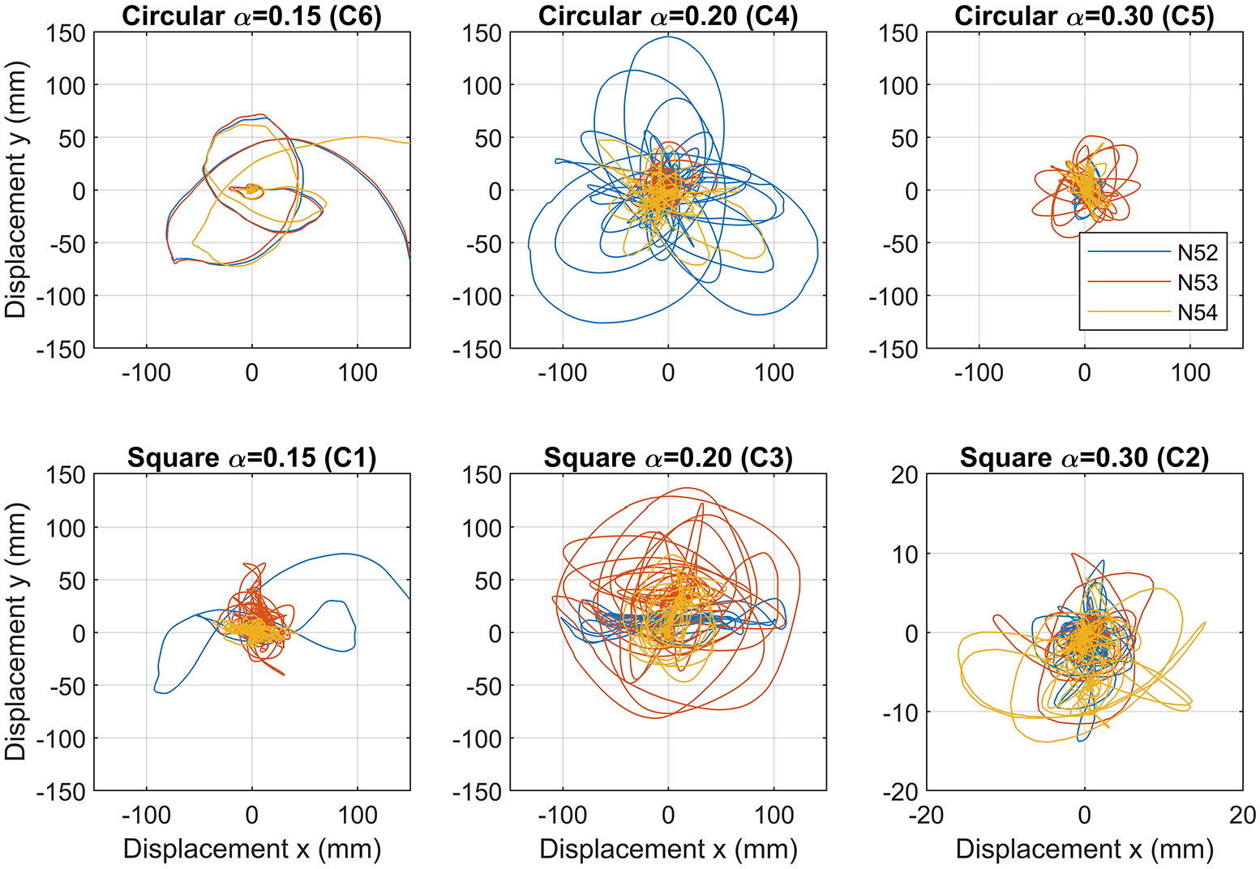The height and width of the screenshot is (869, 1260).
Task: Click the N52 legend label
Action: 1198,253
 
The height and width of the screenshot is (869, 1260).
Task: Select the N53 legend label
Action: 1198,282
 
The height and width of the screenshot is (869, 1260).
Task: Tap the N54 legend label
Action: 1198,312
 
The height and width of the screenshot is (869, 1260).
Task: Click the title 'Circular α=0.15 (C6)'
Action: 252,15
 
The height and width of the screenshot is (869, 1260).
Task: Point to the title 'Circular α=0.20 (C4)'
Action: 668,15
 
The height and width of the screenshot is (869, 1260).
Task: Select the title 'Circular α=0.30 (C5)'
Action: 1085,15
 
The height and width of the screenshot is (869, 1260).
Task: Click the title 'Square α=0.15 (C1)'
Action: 252,458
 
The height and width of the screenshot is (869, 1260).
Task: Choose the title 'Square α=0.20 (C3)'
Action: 668,458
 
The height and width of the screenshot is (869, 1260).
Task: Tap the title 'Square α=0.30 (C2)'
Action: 1085,458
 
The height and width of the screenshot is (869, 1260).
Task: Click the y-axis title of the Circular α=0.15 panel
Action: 15,190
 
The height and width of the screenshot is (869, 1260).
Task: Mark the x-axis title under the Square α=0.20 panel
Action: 668,850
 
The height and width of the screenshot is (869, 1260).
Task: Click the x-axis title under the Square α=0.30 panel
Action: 1085,850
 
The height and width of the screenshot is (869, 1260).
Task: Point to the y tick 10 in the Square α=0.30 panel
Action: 905,554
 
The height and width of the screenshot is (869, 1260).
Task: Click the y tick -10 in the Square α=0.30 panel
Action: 900,713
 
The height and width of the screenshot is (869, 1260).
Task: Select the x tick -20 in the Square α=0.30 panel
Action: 927,815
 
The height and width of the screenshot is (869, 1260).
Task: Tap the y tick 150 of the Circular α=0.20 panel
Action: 482,33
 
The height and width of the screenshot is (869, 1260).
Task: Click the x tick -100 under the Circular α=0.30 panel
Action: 979,373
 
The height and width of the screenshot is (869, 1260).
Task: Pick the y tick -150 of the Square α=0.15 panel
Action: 61,792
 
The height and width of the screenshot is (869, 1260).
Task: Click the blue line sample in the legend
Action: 1129,251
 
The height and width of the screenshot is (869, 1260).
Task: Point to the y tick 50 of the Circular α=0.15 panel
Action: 72,139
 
